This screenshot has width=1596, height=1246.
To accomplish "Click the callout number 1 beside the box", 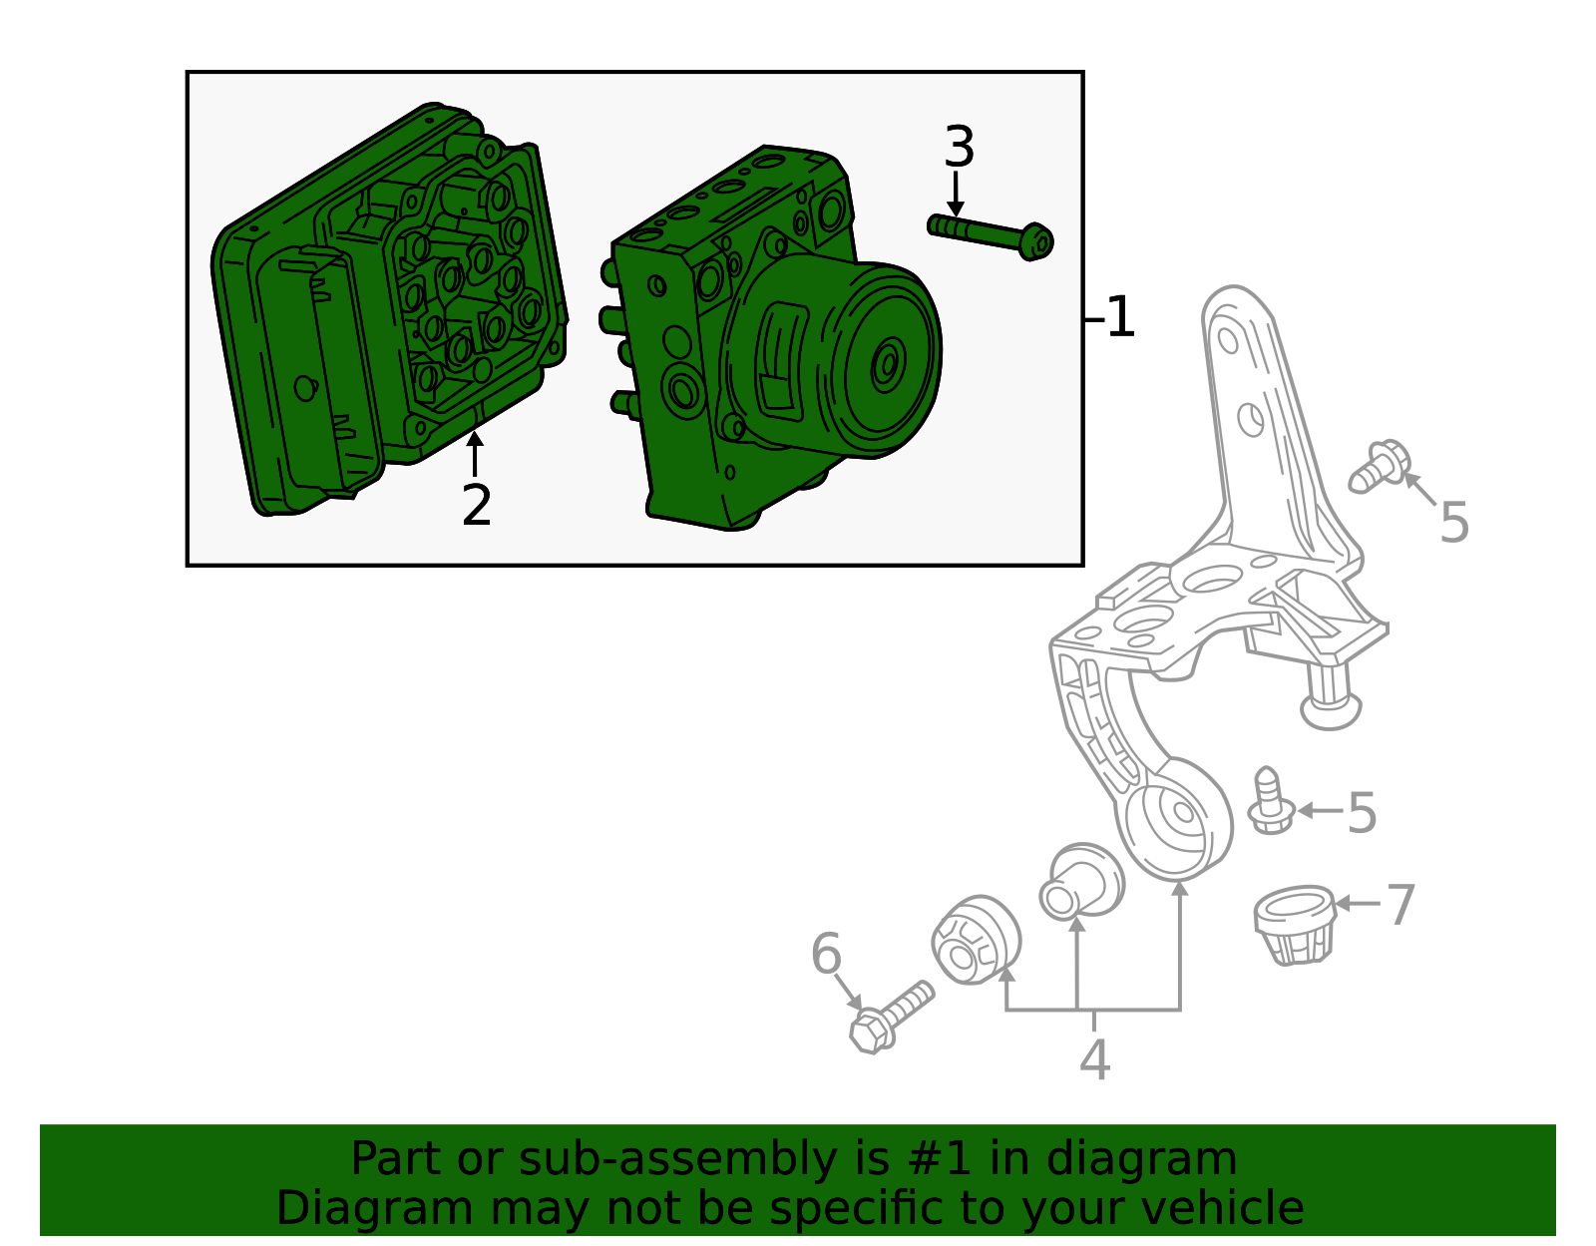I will (1120, 317).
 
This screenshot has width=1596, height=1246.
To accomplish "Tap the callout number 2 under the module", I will (476, 506).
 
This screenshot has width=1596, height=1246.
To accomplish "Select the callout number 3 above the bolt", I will (958, 148).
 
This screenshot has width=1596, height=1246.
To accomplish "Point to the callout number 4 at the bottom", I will (1094, 1059).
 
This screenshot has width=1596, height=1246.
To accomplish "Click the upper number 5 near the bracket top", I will (1453, 523).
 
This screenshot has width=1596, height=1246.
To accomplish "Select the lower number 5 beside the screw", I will (1362, 813).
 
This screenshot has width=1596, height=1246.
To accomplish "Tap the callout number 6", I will (826, 955).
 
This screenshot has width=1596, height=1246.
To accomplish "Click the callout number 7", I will (1400, 905).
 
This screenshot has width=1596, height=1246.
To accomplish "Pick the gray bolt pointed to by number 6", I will (890, 1017).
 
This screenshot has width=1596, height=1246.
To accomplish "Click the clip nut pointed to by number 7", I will (1295, 924).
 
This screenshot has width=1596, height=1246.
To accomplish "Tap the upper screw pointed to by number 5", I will (1379, 467).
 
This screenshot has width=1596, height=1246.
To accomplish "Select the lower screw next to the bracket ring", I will (1271, 801).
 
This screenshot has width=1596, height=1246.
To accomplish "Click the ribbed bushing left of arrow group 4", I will (976, 940).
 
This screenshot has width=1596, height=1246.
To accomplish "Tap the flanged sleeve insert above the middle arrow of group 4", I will (1080, 880).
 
